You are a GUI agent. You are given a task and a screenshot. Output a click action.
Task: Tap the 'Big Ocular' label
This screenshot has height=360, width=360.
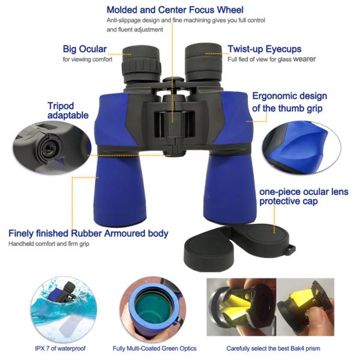[85, 49]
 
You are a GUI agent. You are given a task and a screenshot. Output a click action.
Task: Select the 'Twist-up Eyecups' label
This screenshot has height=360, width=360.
[264, 49]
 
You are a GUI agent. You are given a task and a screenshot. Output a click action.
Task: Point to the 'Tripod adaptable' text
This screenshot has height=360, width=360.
[68, 110]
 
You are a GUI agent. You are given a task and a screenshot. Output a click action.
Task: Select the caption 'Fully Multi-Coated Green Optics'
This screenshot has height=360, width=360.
[154, 348]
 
